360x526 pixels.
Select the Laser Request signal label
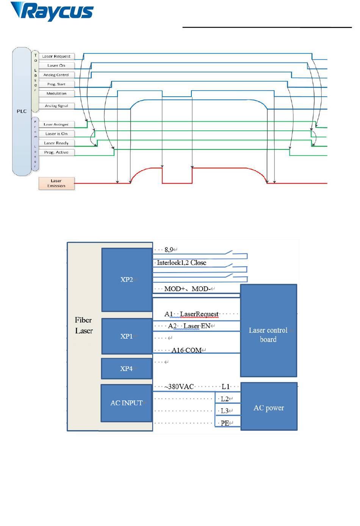pos(56,56)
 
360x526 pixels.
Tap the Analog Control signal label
pos(56,75)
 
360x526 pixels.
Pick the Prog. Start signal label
pos(56,84)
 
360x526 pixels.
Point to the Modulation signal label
pos(56,93)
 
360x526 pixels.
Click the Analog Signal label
pos(56,106)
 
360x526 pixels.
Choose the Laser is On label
pos(56,133)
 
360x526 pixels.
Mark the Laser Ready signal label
pos(56,143)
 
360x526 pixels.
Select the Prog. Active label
pos(56,152)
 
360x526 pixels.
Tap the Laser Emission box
pos(56,184)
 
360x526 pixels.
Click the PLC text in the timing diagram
pos(22,111)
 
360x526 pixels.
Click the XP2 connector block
pos(127,279)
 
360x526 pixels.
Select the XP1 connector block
pos(127,336)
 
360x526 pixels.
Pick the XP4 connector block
pos(127,368)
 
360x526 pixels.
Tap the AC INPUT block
pos(127,403)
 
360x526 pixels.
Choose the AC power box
pos(269,408)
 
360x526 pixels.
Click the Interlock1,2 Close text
pos(182,262)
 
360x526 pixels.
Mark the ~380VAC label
pos(179,386)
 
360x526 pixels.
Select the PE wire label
pos(225,423)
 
